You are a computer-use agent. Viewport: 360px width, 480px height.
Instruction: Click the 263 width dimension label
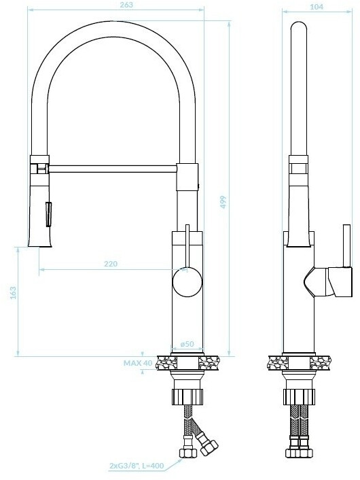127,5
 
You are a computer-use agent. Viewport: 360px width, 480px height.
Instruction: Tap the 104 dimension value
317,6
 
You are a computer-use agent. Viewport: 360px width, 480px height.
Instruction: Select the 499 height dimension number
223,202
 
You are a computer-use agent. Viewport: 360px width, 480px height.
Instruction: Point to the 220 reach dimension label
111,264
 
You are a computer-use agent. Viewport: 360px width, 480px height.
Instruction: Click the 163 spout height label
13,292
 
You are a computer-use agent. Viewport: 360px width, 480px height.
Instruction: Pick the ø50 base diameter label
187,344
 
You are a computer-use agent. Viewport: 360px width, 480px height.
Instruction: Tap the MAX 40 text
138,363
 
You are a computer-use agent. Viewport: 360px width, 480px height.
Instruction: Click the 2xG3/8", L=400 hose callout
137,466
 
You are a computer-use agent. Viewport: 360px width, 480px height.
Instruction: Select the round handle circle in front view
187,282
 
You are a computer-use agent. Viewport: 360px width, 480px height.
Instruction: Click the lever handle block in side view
340,281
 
